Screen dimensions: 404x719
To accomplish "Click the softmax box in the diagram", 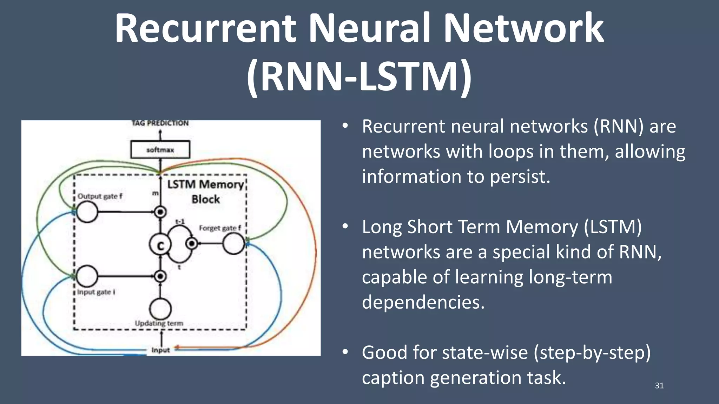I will [160, 150].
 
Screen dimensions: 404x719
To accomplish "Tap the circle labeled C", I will [160, 245].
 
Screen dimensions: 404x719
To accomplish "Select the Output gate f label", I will [100, 196].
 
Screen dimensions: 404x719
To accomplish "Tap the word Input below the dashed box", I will [160, 350].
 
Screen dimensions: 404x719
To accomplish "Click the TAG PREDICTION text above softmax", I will [160, 123].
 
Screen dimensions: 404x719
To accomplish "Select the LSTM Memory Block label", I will [206, 191].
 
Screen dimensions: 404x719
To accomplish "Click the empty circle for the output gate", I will [87, 212].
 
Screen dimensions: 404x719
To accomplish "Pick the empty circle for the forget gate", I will [233, 243].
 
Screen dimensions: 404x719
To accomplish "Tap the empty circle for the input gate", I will [87, 276].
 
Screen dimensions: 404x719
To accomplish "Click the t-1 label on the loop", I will [180, 222].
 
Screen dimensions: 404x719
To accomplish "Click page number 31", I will [659, 386].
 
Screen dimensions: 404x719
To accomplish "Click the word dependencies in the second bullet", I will [423, 302].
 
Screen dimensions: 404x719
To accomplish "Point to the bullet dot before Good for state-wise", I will [345, 352].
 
